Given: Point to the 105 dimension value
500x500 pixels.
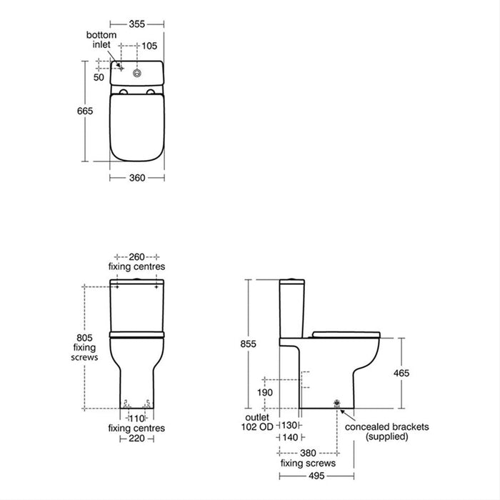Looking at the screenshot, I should (149, 46).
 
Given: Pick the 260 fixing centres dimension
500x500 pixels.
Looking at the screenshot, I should (136, 256).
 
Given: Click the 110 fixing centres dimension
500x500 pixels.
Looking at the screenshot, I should (136, 418).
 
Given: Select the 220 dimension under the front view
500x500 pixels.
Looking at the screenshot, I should (136, 439).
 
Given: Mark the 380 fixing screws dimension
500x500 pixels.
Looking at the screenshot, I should (308, 452).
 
